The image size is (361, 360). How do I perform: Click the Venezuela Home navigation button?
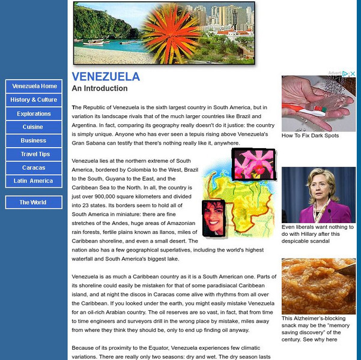tap(34, 86)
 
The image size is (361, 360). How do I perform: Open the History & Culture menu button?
tap(34, 100)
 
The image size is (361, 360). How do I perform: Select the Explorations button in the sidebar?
tap(34, 113)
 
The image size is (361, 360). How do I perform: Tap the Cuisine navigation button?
tap(34, 127)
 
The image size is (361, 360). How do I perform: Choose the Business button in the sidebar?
tap(34, 140)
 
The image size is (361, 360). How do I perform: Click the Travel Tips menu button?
tap(34, 154)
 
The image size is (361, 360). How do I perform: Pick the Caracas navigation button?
tap(34, 167)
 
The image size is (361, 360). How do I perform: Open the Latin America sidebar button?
tap(34, 181)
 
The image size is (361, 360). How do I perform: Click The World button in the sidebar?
tap(34, 202)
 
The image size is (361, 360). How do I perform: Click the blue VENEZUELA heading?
tap(106, 77)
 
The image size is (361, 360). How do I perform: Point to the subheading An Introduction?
tap(100, 89)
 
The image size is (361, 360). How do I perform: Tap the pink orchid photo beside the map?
tap(253, 164)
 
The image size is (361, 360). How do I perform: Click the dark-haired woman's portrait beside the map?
tap(213, 218)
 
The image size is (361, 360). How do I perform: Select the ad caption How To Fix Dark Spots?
tap(310, 136)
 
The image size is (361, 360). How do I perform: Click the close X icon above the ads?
tap(353, 74)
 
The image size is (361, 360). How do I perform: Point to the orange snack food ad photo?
tap(318, 286)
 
